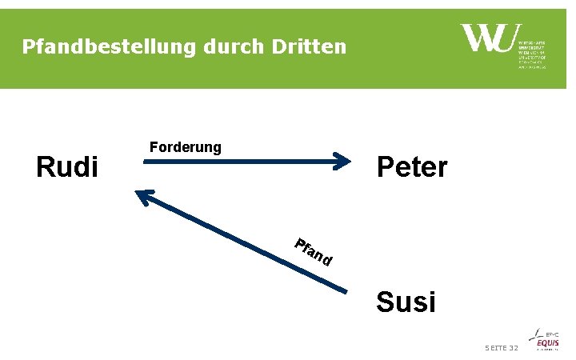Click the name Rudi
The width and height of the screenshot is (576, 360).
(68, 167)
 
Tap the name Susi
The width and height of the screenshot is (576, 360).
(406, 302)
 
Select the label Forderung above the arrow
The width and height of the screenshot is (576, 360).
(186, 146)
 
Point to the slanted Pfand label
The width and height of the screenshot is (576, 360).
(312, 252)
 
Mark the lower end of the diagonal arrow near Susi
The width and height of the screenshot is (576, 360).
(346, 290)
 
